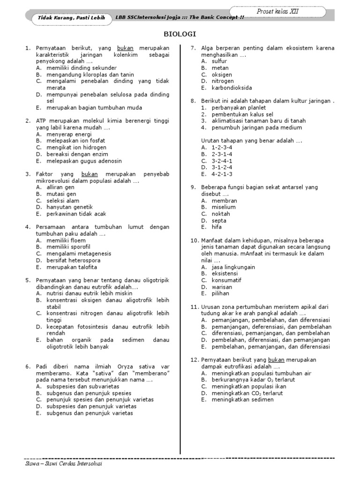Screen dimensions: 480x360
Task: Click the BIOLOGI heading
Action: (180, 34)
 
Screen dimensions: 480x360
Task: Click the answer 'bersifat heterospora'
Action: (73, 260)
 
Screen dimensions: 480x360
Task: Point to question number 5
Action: (28, 280)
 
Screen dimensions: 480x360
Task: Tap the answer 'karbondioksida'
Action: (232, 88)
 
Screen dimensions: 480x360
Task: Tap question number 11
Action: (195, 307)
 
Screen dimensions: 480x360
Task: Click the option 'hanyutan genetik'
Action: (70, 207)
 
